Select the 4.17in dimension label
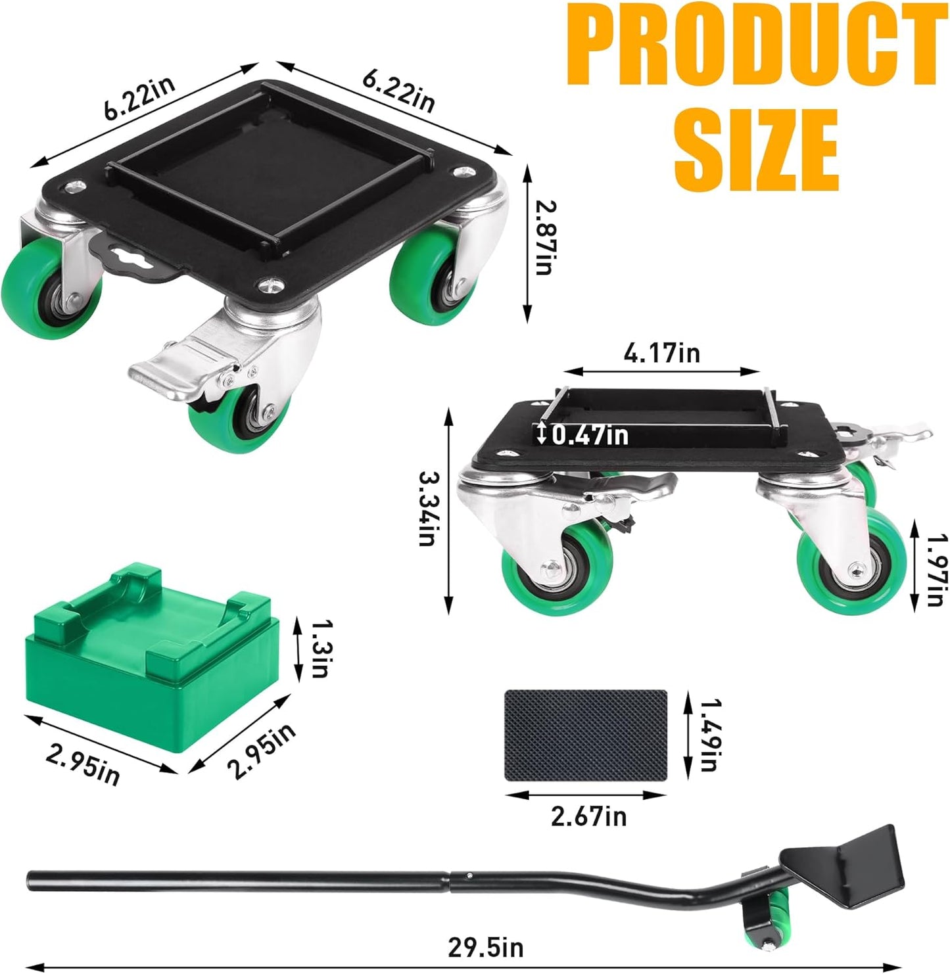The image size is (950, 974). point(661,354)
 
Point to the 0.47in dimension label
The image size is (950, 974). point(590,434)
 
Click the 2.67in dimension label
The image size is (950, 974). point(588,816)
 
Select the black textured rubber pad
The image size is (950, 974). point(585,735)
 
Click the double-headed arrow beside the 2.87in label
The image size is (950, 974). point(527,244)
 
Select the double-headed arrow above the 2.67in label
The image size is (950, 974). point(586,795)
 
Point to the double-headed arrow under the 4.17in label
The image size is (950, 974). point(661,371)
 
